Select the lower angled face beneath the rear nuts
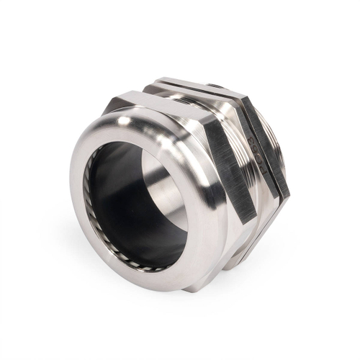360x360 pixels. [x=252, y=238]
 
